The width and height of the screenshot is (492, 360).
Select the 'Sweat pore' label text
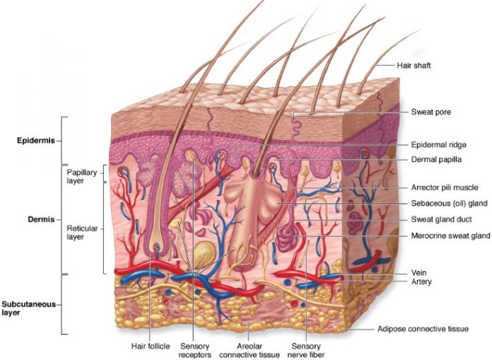(x=430, y=112)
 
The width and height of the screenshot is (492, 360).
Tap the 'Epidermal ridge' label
(x=438, y=145)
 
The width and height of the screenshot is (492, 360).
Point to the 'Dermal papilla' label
(x=436, y=160)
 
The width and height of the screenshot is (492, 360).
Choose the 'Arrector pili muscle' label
(x=445, y=187)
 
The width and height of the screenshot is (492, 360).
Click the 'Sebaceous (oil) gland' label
(x=450, y=204)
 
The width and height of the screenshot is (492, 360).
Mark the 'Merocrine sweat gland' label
(x=450, y=236)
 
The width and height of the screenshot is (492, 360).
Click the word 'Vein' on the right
(x=419, y=272)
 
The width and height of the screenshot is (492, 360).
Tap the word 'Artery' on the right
(x=421, y=281)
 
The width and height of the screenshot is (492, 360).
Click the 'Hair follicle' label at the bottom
(x=149, y=346)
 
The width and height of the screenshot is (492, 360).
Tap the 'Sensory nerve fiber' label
(x=306, y=350)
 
